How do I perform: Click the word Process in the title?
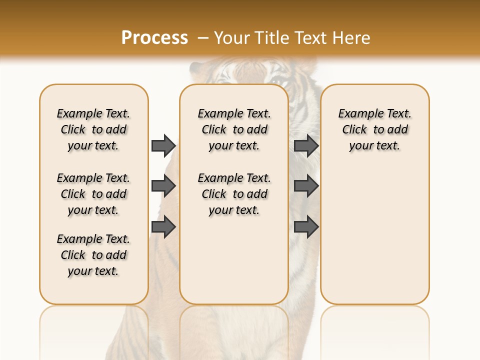pyautogui.click(x=154, y=37)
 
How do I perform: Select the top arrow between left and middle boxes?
pyautogui.click(x=163, y=145)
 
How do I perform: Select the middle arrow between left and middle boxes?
pyautogui.click(x=163, y=186)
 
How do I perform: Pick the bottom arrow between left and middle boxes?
pyautogui.click(x=163, y=227)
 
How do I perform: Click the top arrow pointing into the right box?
pyautogui.click(x=306, y=145)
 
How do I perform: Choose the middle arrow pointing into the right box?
pyautogui.click(x=306, y=186)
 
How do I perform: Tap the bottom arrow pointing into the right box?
pyautogui.click(x=306, y=227)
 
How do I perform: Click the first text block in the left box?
pyautogui.click(x=93, y=129)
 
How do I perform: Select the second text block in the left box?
pyautogui.click(x=93, y=194)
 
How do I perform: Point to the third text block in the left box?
pyautogui.click(x=93, y=255)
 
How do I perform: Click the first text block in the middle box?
pyautogui.click(x=234, y=129)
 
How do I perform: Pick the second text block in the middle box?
pyautogui.click(x=234, y=194)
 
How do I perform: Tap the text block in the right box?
pyautogui.click(x=374, y=129)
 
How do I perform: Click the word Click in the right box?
pyautogui.click(x=354, y=130)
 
